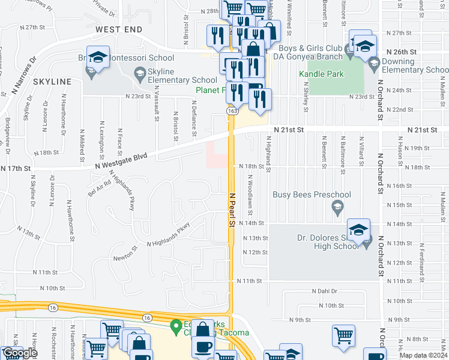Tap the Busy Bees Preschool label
[x=312, y=194]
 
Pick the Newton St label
[x=125, y=258]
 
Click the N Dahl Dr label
[x=325, y=290]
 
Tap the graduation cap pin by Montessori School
[x=98, y=58]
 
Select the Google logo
[x=20, y=353]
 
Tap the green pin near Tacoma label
[x=175, y=328]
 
